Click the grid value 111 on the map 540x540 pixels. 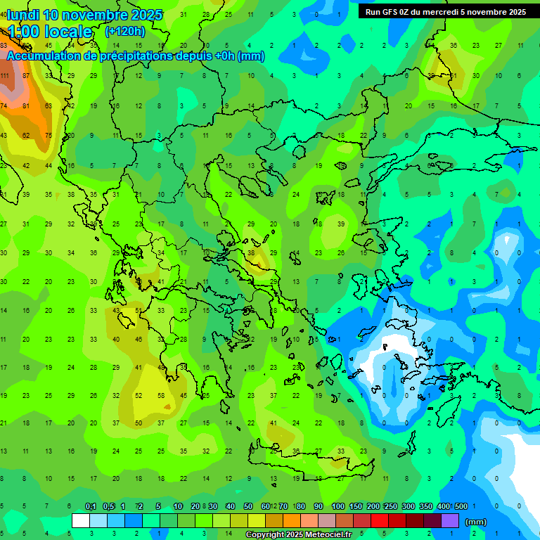click(4, 76)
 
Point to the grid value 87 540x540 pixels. click(27, 76)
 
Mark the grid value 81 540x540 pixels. click(27, 106)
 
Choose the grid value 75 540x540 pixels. click(49, 136)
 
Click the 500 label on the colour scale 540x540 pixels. click(461, 507)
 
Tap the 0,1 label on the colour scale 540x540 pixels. click(91, 507)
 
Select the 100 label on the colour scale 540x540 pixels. click(337, 507)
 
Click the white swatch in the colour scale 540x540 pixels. click(81, 521)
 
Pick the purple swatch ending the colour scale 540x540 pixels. click(450, 521)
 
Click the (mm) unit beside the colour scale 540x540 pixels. click(476, 522)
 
